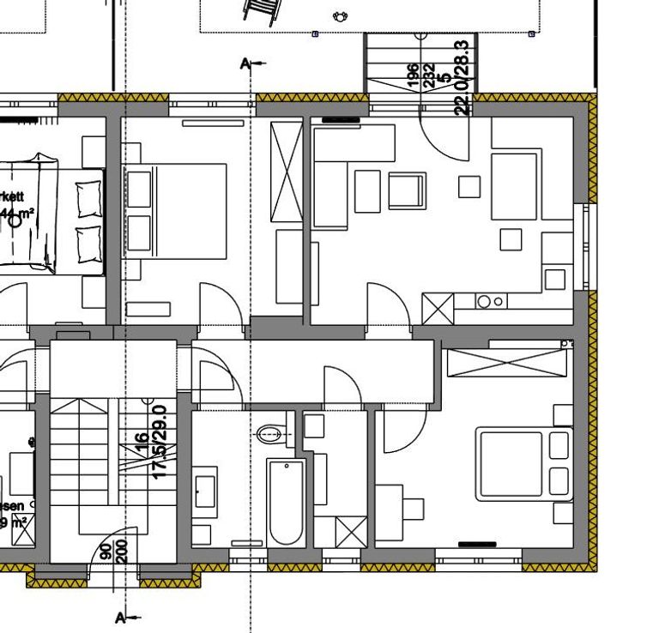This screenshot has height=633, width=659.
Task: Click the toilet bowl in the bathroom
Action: pos(269,433)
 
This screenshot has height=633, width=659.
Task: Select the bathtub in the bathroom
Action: pos(285,503)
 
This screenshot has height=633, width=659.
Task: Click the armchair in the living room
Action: pos(407,190)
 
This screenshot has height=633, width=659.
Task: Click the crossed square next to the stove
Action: pos(438,308)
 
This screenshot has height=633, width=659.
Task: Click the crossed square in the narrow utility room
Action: pos(350,532)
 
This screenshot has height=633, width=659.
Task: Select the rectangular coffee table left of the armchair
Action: pos(367,190)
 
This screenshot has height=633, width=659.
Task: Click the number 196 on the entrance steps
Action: pos(413,76)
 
